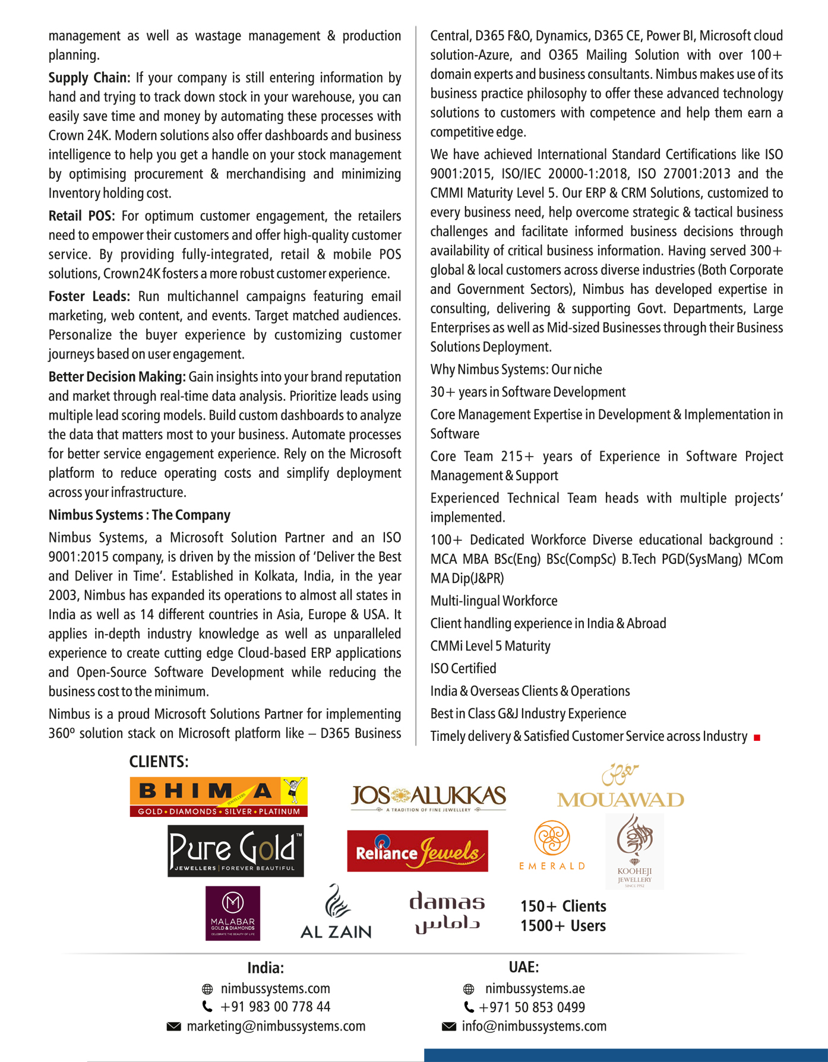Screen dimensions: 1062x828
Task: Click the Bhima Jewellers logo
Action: click(219, 796)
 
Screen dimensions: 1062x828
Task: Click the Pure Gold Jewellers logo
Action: click(235, 851)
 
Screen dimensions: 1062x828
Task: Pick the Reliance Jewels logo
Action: click(418, 851)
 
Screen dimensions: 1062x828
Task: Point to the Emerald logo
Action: click(552, 845)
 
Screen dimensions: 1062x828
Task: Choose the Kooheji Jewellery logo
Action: click(634, 851)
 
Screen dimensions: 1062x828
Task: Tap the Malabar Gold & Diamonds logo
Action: click(233, 913)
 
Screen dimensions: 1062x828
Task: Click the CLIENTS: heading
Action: click(159, 762)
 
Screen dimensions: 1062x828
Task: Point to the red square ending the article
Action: click(757, 737)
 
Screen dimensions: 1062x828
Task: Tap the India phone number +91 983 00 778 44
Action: click(275, 1007)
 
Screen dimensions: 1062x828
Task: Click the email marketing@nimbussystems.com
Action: click(276, 1026)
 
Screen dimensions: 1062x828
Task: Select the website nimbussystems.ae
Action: click(535, 988)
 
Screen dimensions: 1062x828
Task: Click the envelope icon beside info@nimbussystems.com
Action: click(449, 1026)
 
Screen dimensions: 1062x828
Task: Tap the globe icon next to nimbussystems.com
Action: click(207, 989)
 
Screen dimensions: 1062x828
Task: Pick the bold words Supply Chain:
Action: click(89, 78)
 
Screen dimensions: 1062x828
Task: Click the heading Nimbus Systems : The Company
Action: click(140, 515)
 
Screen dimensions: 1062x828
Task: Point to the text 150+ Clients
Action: click(563, 906)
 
